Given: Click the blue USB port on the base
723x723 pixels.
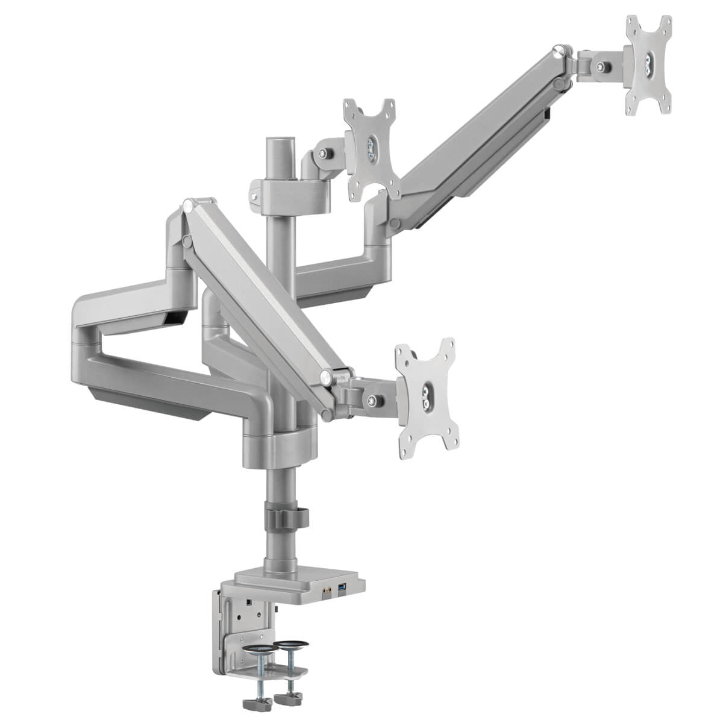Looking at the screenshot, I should click(343, 587).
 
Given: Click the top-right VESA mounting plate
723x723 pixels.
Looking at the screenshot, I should click(648, 64).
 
